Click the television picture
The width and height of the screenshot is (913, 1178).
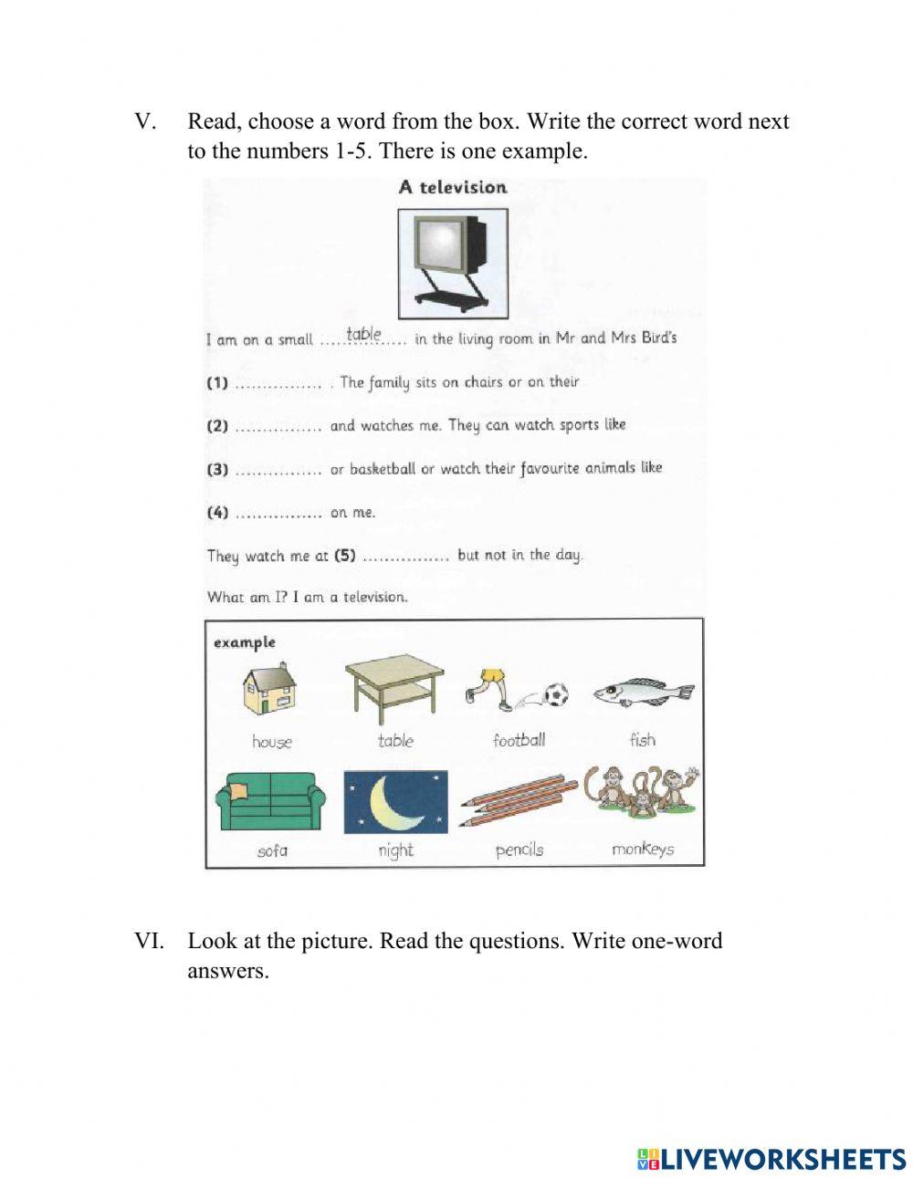click(453, 263)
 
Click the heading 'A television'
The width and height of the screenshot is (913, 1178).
click(453, 187)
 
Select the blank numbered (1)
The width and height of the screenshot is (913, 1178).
click(278, 384)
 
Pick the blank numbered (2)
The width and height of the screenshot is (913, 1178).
click(278, 427)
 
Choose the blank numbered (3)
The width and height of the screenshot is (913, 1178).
click(278, 471)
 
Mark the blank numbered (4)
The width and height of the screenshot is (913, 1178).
click(278, 514)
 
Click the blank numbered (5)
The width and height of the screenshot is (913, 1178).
click(404, 557)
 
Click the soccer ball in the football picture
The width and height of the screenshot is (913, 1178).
click(555, 696)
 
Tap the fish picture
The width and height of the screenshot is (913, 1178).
click(643, 694)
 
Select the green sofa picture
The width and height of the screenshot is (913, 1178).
click(270, 800)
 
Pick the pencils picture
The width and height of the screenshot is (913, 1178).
click(519, 799)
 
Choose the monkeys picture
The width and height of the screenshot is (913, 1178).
click(643, 792)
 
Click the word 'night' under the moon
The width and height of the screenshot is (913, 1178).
click(395, 850)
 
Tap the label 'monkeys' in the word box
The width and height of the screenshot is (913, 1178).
click(643, 850)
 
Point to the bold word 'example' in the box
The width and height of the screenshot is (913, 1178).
click(245, 642)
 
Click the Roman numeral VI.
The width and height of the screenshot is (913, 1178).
click(149, 941)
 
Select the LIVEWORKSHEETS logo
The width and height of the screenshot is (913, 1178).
click(771, 1159)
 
